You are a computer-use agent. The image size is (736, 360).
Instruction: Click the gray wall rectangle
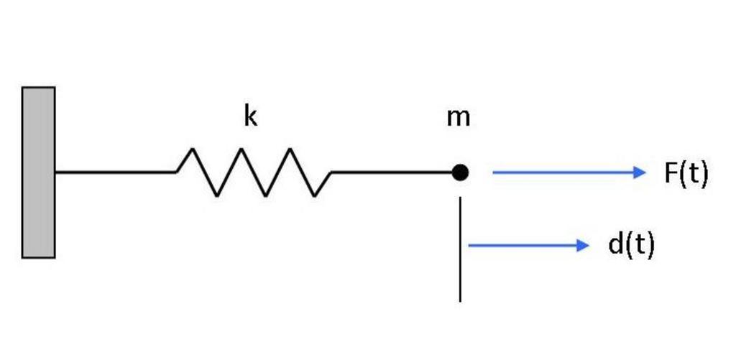pyautogui.click(x=38, y=172)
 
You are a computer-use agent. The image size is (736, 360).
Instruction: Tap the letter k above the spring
pyautogui.click(x=250, y=116)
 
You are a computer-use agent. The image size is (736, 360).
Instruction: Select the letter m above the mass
pyautogui.click(x=458, y=116)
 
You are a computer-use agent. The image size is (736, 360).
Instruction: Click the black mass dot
pyautogui.click(x=460, y=172)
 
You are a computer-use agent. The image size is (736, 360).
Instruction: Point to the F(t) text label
pyautogui.click(x=686, y=173)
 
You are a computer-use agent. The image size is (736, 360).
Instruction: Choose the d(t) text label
pyautogui.click(x=631, y=245)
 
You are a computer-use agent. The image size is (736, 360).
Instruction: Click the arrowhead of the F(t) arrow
pyautogui.click(x=640, y=172)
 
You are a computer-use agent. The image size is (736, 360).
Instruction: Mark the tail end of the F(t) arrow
pyautogui.click(x=494, y=172)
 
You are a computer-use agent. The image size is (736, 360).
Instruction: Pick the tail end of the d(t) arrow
pyautogui.click(x=470, y=246)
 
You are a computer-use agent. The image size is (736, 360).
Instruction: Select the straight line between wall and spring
pyautogui.click(x=115, y=172)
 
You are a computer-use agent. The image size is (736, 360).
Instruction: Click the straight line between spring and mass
pyautogui.click(x=392, y=172)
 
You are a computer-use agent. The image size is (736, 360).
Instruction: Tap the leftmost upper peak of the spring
pyautogui.click(x=192, y=149)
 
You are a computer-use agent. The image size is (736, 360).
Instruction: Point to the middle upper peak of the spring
pyautogui.click(x=241, y=149)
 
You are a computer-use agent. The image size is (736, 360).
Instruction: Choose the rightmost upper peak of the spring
pyautogui.click(x=290, y=149)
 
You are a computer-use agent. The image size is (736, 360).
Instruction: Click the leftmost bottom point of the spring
pyautogui.click(x=217, y=195)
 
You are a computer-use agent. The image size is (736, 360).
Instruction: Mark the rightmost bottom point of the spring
pyautogui.click(x=315, y=195)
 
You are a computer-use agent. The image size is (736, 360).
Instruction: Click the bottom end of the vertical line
pyautogui.click(x=460, y=300)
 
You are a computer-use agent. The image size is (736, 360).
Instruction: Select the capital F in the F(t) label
pyautogui.click(x=671, y=173)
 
